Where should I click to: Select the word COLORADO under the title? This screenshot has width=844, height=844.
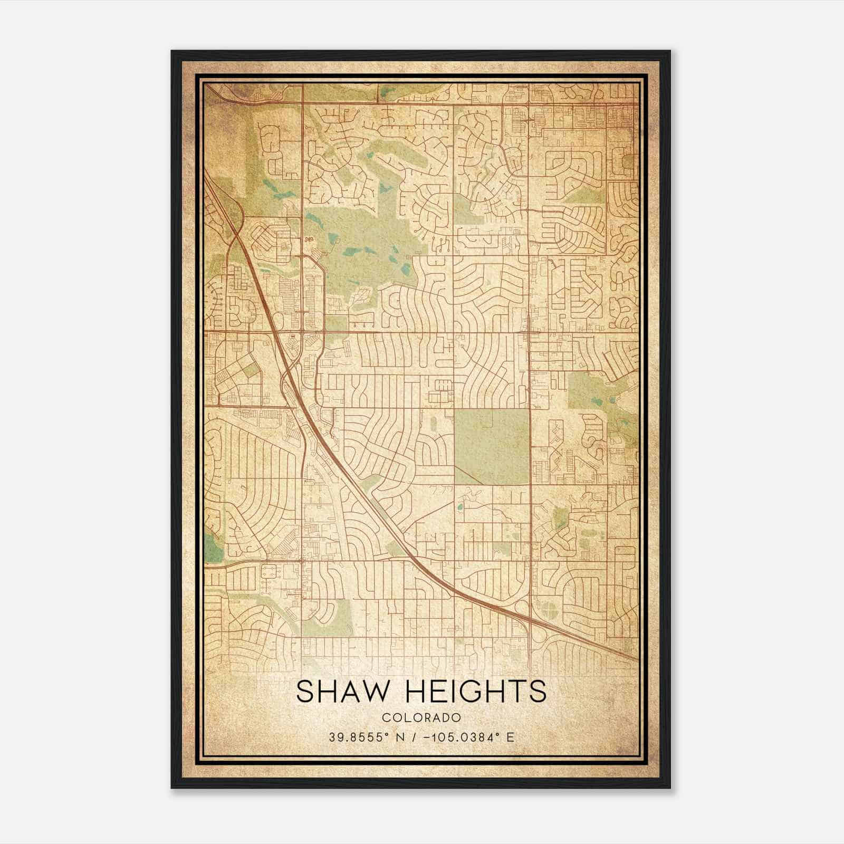[421, 717]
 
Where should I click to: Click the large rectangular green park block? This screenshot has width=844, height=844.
[492, 446]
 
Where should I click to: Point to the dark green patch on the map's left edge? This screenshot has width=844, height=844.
[213, 549]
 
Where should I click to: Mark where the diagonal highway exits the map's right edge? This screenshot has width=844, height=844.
[637, 659]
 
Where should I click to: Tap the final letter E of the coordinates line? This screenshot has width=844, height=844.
[510, 737]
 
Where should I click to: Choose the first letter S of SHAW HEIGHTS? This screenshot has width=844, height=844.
[305, 692]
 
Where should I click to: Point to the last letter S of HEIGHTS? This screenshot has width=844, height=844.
[538, 692]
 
